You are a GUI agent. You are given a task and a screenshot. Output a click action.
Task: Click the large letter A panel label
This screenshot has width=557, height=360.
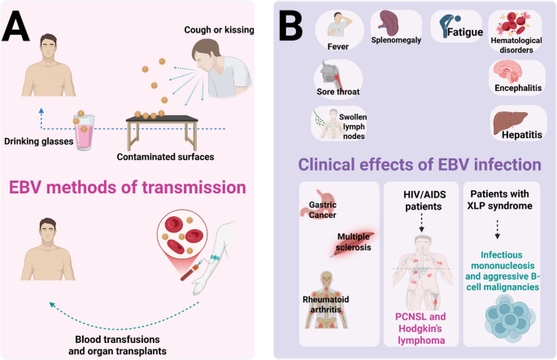[16, 27]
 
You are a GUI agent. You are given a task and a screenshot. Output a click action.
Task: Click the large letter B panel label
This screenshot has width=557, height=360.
[291, 25]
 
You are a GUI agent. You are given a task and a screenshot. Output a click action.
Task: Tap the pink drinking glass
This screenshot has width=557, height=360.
[85, 131]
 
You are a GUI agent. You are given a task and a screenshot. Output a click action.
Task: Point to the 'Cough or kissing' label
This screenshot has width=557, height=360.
[219, 30]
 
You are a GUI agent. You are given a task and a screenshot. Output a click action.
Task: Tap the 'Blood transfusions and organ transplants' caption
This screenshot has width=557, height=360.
[118, 345]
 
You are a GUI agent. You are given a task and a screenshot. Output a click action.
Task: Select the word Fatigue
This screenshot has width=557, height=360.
[465, 33]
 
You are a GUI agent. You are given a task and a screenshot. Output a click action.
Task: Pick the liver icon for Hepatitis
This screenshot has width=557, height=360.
[511, 123]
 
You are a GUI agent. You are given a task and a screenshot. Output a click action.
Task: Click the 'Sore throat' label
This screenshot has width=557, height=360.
[337, 92]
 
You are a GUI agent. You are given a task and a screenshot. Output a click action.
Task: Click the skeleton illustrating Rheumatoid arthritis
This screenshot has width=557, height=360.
[326, 300]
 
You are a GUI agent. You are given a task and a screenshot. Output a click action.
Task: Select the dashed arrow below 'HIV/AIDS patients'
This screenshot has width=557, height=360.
[422, 223]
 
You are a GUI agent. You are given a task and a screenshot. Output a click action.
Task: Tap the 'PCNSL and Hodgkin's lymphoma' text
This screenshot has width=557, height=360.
[420, 328]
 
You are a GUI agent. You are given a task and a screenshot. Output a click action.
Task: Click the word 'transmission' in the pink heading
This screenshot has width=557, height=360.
[194, 188]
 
